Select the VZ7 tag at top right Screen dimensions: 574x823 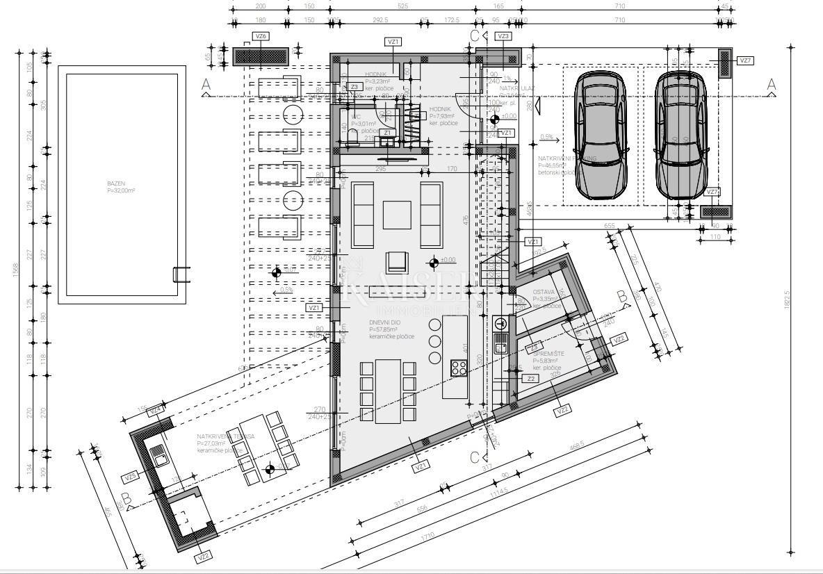pos(746,61)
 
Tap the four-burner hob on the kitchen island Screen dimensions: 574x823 pos(459,368)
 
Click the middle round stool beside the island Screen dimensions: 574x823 pos(436,341)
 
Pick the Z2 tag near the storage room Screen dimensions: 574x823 pos(530,379)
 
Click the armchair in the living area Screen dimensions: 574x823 pos(397,261)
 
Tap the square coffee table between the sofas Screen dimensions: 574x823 pos(397,214)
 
